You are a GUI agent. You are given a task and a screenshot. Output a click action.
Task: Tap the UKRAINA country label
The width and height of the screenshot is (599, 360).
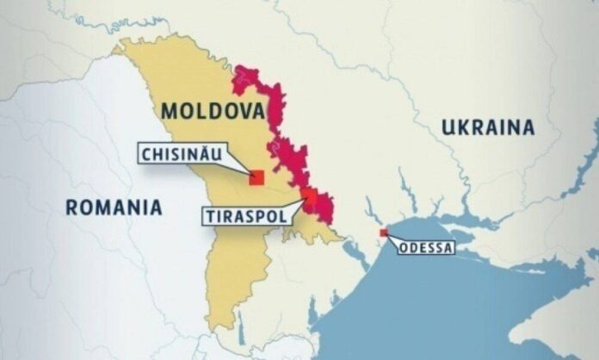click(x=488, y=127)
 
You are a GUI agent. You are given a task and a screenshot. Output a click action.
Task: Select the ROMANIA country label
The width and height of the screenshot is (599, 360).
click(x=114, y=207)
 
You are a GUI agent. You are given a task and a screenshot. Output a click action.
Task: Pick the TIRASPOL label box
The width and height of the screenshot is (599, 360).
click(x=244, y=214)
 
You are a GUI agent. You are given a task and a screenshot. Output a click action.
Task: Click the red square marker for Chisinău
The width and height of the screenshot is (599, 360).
click(x=256, y=177)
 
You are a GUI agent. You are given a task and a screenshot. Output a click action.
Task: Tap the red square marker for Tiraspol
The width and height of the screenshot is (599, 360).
click(x=308, y=194)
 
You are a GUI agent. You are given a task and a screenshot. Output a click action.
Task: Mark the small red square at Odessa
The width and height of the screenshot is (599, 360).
click(x=383, y=232)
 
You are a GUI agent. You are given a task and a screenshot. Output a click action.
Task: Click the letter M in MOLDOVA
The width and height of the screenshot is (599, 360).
click(x=168, y=111)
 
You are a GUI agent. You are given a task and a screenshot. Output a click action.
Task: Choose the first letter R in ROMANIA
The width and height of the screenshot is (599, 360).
click(x=71, y=207)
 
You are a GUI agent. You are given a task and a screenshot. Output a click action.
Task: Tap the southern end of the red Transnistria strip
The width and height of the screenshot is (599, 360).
click(x=328, y=222)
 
